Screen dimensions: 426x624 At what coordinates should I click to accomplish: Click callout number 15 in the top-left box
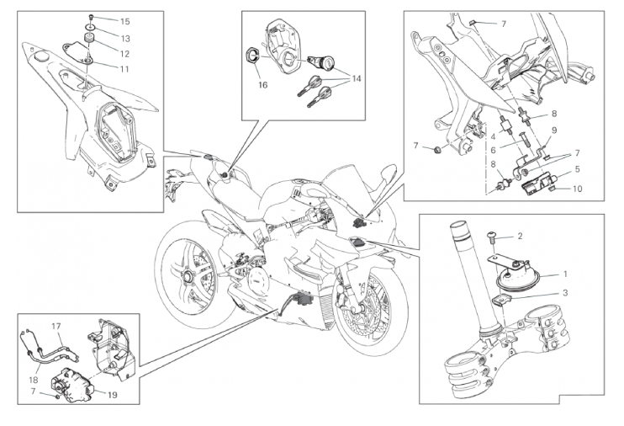click(x=124, y=21)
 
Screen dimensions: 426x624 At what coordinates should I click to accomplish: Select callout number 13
click(x=124, y=39)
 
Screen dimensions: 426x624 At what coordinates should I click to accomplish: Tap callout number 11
click(x=124, y=68)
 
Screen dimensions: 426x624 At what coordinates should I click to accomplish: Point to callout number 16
click(x=262, y=85)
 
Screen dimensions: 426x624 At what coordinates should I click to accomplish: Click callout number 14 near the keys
click(x=357, y=78)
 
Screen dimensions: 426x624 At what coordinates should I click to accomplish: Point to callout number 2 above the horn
click(x=520, y=237)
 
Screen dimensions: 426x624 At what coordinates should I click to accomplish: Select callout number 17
click(x=57, y=326)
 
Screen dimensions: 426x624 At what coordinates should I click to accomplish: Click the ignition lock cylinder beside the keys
click(x=323, y=61)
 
